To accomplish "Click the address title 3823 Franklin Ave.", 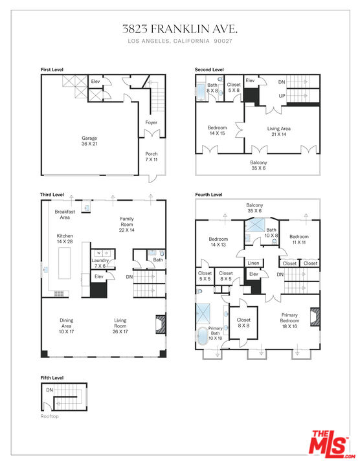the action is click(x=180, y=29).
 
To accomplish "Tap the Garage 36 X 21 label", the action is click(x=89, y=141).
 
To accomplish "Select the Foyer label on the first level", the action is click(x=151, y=122).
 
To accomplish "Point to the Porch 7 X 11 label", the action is click(x=152, y=157).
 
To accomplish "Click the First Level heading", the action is click(x=52, y=69).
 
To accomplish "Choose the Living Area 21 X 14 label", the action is click(x=279, y=131).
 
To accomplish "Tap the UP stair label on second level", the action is click(x=282, y=96).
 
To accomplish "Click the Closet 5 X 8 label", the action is click(x=234, y=87).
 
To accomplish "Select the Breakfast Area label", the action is click(x=65, y=214).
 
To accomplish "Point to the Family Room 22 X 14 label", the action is click(x=127, y=225).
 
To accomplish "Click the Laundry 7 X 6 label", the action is click(x=100, y=263).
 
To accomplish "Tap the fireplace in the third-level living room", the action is click(x=160, y=324).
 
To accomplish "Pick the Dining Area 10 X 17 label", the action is click(x=66, y=326).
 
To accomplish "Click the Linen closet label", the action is click(x=253, y=263).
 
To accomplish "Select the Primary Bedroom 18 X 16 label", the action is click(x=289, y=320).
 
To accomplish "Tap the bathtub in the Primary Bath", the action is click(x=203, y=336).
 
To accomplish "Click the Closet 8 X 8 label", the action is click(x=243, y=322).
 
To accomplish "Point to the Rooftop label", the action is click(x=50, y=416).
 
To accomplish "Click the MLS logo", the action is click(x=332, y=444).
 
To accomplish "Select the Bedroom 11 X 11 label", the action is click(x=299, y=239).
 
